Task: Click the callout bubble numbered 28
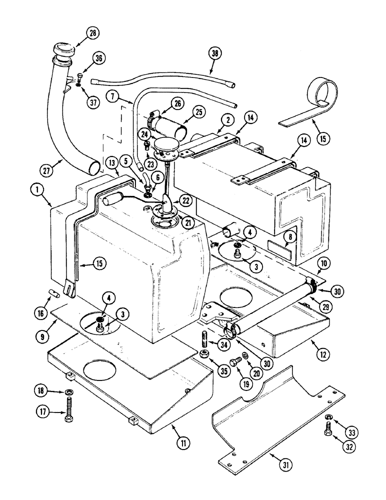point(93,33)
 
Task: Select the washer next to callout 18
point(67,390)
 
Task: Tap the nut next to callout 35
point(204,353)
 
